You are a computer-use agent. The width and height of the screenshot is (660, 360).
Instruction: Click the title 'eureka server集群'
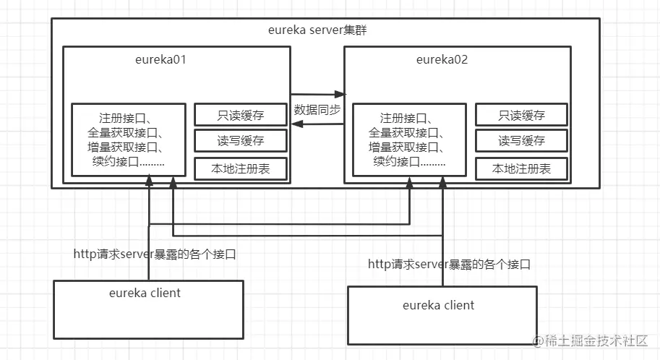coord(317,30)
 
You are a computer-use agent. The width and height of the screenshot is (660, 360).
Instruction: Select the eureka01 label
coord(160,59)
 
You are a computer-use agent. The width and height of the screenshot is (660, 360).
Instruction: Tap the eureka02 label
coord(442,59)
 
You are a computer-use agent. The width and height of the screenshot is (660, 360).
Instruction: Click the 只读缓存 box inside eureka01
coord(241,115)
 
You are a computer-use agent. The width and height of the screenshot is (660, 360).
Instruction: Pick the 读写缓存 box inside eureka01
coord(241,141)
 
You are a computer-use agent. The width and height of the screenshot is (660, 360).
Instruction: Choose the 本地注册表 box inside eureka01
coord(241,169)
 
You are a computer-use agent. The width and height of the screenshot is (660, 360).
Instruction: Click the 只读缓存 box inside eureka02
coord(521,115)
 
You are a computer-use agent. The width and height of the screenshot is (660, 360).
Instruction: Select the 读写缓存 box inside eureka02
coord(521,141)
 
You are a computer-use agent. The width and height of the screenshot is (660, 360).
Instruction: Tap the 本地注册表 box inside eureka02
coord(521,169)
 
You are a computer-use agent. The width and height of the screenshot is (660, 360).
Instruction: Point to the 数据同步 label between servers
coord(317,109)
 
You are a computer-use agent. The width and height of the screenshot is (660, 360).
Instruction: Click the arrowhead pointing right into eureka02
coord(340,94)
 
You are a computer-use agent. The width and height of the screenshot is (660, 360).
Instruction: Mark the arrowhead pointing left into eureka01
coord(297,124)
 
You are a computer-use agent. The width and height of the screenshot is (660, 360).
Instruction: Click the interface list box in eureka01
coord(129,140)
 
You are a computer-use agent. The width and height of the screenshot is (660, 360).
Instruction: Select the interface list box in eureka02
coord(410,140)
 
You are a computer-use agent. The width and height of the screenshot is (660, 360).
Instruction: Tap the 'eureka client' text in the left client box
coord(145,293)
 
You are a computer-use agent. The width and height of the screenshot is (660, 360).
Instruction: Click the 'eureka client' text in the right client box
coord(438,305)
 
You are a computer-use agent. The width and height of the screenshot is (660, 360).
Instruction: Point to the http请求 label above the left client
coord(155,254)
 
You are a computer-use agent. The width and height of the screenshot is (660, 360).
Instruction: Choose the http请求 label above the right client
coord(449,265)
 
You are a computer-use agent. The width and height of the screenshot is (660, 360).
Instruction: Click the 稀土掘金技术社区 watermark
coord(590,340)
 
